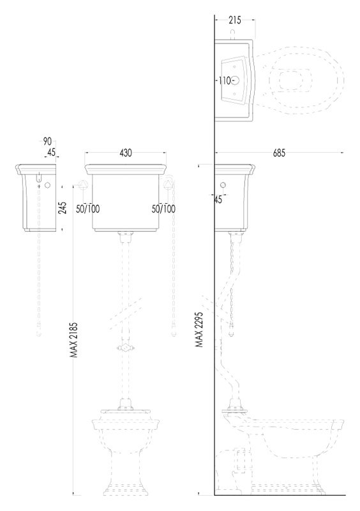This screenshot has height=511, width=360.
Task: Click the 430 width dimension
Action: [126, 153]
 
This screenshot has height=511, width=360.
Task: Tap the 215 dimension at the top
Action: [234, 20]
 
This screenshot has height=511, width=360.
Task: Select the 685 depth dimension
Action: [279, 153]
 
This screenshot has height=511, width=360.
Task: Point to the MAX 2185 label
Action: [75, 340]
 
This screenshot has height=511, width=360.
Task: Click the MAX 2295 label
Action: [199, 330]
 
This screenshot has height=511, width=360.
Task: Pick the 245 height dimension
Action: [62, 208]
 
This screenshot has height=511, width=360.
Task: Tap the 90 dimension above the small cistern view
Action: [48, 141]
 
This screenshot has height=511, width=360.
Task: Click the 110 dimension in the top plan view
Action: [225, 80]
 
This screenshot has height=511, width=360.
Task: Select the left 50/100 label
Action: [88, 209]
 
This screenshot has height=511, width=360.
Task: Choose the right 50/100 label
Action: [163, 209]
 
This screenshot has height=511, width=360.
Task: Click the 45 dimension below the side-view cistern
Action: [218, 199]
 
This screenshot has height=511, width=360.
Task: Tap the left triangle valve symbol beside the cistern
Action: [83, 184]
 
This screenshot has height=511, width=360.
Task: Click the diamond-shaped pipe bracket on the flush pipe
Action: [124, 348]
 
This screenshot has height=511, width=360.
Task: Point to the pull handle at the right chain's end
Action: [174, 333]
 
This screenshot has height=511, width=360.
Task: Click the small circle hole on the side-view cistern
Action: [223, 185]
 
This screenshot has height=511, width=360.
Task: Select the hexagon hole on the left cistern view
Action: [48, 185]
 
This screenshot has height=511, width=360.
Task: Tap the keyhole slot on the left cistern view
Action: [39, 178]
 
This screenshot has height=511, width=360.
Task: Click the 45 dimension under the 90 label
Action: [51, 152]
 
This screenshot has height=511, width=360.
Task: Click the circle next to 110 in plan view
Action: [236, 80]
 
